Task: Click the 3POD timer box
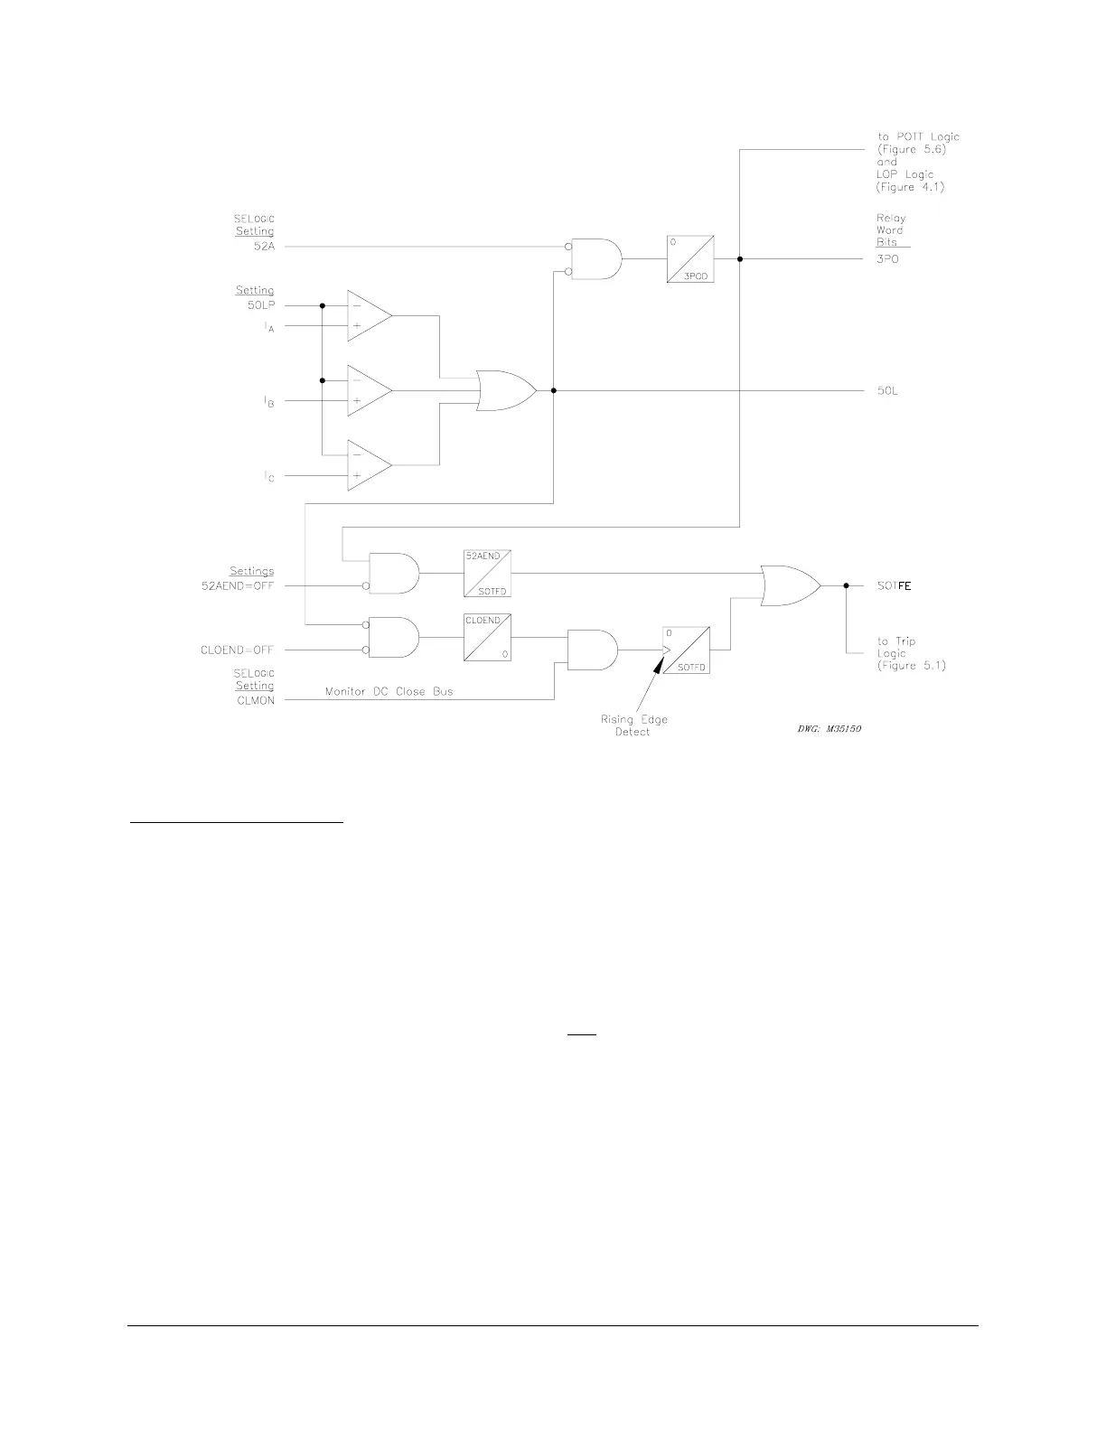tap(690, 258)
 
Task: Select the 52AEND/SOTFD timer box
tap(487, 573)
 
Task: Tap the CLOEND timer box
tap(487, 638)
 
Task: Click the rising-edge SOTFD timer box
tap(686, 650)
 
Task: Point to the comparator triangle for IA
tap(369, 316)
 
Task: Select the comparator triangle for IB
tap(369, 391)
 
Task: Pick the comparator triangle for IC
tap(369, 466)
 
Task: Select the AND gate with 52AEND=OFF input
tap(394, 573)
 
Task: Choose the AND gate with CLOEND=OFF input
tap(394, 638)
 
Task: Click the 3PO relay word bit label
tap(887, 259)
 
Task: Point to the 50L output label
tap(887, 391)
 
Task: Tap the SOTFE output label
tap(895, 586)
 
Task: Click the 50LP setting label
tap(261, 305)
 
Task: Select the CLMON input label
tap(255, 699)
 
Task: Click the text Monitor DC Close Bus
tap(389, 692)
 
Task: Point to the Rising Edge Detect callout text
tap(633, 725)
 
